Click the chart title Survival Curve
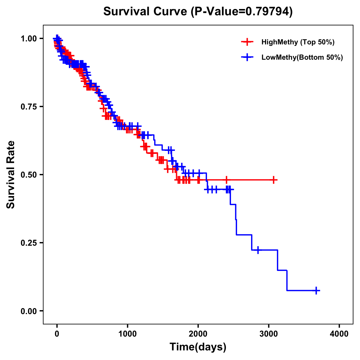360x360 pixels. click(x=146, y=12)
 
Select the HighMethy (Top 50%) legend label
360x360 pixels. click(x=298, y=42)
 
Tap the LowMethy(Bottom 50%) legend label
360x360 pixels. click(x=302, y=57)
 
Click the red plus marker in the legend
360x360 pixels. click(x=247, y=42)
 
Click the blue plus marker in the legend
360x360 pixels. click(x=247, y=57)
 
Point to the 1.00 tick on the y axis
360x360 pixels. click(x=29, y=39)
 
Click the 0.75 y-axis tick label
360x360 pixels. click(x=29, y=107)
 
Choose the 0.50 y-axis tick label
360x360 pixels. click(x=29, y=175)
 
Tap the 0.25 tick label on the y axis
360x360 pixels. click(x=29, y=243)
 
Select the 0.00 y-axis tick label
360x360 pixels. click(x=29, y=311)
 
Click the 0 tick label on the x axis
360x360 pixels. click(x=57, y=334)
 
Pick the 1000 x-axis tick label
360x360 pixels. click(x=127, y=334)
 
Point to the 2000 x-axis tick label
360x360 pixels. click(x=198, y=334)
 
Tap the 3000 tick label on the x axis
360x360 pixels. click(x=269, y=334)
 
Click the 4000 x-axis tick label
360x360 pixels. click(x=339, y=334)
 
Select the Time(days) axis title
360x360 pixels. click(x=198, y=347)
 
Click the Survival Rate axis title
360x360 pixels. click(x=11, y=175)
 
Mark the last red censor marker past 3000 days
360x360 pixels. click(x=273, y=180)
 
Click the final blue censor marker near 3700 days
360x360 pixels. click(x=316, y=290)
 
